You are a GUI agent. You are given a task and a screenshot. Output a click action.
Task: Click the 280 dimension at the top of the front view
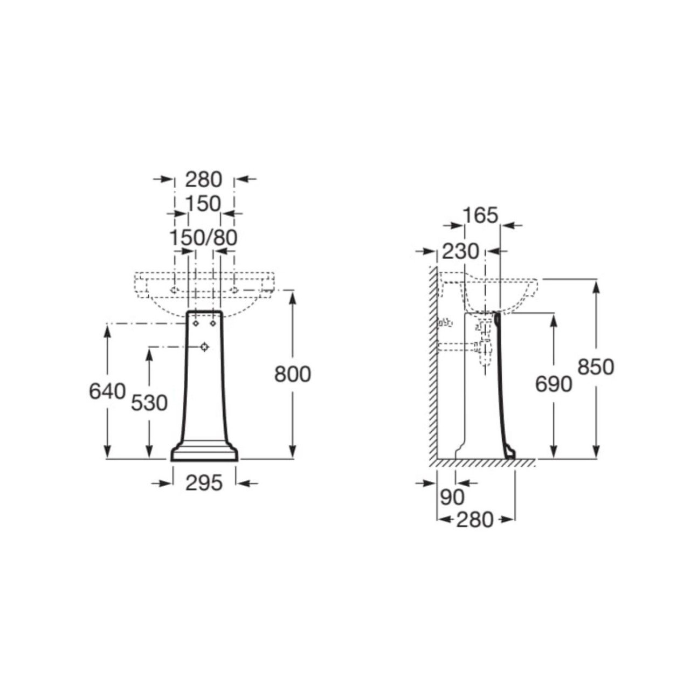203,180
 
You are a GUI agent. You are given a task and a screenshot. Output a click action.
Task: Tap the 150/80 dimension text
203,237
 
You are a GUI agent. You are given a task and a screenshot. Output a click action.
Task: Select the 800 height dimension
293,375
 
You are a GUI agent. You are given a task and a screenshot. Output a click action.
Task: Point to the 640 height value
107,391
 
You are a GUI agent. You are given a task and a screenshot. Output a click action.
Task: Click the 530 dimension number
149,403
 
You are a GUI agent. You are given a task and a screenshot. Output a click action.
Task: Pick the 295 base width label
204,484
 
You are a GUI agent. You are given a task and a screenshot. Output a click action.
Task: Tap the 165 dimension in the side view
480,216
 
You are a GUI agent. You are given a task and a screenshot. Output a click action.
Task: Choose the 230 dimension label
460,251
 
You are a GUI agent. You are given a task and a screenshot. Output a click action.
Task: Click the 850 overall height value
596,367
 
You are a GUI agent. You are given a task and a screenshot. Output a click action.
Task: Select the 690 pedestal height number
554,384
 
